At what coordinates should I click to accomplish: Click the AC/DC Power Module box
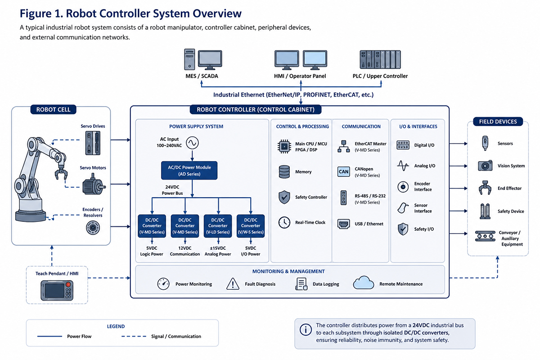pyautogui.click(x=189, y=171)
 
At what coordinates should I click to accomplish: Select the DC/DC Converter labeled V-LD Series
pyautogui.click(x=218, y=226)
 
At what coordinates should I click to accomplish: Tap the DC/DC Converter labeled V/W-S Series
pyautogui.click(x=251, y=226)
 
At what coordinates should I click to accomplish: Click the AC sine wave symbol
pyautogui.click(x=193, y=143)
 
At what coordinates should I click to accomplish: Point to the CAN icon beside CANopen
pyautogui.click(x=343, y=172)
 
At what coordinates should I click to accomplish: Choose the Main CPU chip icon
pyautogui.click(x=284, y=146)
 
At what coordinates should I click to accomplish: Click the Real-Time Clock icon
pyautogui.click(x=284, y=222)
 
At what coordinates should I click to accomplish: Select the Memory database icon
pyautogui.click(x=284, y=172)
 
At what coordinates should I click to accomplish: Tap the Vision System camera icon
pyautogui.click(x=485, y=166)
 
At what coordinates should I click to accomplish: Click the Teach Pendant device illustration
pyautogui.click(x=57, y=290)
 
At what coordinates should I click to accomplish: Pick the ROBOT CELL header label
pyautogui.click(x=53, y=109)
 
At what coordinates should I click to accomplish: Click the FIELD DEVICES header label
pyautogui.click(x=498, y=121)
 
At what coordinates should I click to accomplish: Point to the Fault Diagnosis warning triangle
pyautogui.click(x=233, y=284)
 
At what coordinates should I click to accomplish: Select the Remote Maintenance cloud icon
pyautogui.click(x=364, y=283)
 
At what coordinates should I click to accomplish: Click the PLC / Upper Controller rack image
pyautogui.click(x=380, y=59)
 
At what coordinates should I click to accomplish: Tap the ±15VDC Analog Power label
pyautogui.click(x=218, y=251)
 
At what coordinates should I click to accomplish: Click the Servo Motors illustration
pyautogui.click(x=94, y=186)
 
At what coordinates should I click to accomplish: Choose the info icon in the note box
pyautogui.click(x=306, y=329)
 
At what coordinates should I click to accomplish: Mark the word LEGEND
pyautogui.click(x=116, y=327)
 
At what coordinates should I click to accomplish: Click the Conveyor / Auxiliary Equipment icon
pyautogui.click(x=485, y=236)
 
